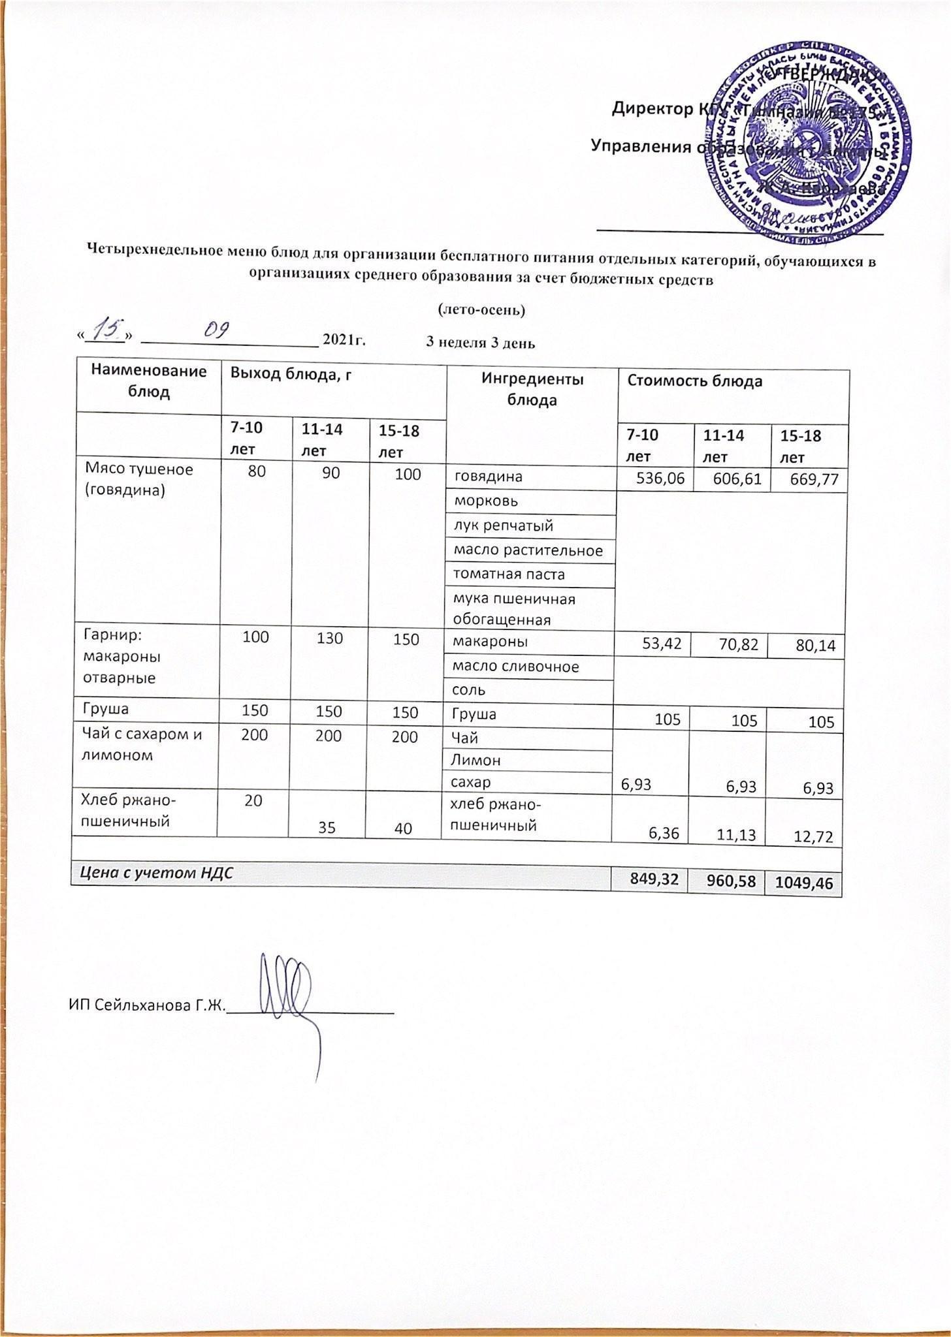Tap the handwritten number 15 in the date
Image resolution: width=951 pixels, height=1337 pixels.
coord(103,330)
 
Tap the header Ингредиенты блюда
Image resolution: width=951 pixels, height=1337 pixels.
coord(532,390)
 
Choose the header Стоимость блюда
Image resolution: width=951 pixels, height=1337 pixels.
coord(695,381)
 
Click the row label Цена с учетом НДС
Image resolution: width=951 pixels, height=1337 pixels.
coord(157,873)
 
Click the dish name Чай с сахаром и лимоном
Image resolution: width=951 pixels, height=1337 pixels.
coord(141,745)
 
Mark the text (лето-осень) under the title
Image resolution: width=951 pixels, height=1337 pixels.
coord(481,309)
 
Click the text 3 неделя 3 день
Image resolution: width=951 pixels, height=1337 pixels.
coord(481,343)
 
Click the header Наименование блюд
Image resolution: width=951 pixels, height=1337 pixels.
coord(149,381)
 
